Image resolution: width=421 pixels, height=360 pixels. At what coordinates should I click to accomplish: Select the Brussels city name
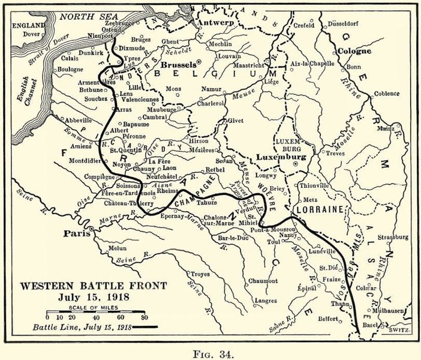tap(179, 64)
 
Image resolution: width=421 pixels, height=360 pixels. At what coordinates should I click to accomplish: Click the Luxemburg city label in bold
tap(281, 157)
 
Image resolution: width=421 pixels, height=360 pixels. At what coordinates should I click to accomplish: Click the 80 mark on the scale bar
tap(143, 318)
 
